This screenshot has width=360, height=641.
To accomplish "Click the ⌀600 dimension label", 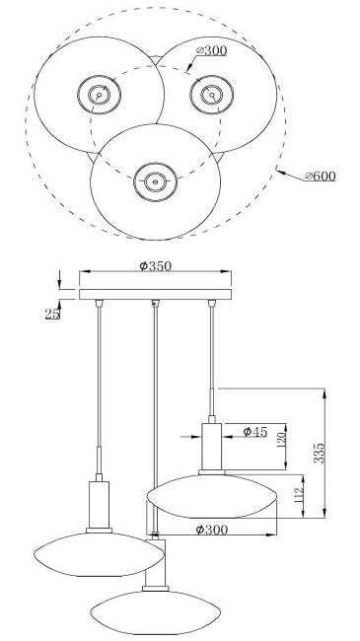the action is (321, 177).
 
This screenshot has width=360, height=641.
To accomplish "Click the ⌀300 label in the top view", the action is (211, 50).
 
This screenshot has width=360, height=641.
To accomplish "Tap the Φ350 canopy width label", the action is (155, 266).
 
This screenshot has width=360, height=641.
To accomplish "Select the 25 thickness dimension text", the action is (52, 314).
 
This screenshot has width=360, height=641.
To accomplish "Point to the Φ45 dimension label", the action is (254, 431).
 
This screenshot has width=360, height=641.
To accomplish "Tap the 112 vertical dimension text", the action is (299, 495).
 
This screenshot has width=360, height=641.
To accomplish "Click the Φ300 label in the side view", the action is (211, 530).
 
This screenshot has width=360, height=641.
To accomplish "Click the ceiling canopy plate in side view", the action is (155, 294).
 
